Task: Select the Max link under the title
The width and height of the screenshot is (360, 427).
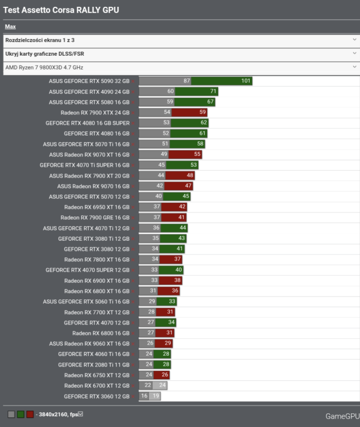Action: [10, 26]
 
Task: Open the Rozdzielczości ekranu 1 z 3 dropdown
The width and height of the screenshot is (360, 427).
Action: [179, 40]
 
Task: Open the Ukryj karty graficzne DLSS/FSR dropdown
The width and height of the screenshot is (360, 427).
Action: [179, 54]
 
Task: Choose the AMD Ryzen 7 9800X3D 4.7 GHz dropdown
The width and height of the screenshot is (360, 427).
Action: [179, 67]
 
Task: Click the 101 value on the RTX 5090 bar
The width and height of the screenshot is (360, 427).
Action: [246, 81]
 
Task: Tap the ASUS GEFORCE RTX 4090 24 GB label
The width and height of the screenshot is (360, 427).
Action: [89, 92]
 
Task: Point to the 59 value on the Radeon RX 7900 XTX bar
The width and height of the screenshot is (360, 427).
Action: [202, 113]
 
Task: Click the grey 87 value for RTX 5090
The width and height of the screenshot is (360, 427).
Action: [186, 81]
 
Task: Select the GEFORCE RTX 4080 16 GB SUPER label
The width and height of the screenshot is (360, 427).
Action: [88, 123]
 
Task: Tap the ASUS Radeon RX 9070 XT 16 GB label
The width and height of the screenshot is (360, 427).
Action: [89, 155]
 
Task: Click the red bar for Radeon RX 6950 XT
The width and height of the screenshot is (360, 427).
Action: [174, 207]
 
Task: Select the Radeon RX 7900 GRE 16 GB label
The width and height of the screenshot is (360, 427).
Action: [95, 217]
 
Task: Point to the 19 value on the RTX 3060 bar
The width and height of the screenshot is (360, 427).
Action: [155, 396]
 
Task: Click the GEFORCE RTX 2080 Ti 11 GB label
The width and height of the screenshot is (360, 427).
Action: [93, 365]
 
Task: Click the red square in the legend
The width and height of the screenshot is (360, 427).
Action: [30, 414]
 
